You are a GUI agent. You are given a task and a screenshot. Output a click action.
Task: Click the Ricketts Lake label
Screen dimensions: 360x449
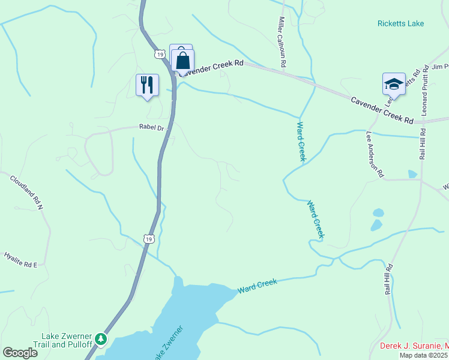coord(400,23)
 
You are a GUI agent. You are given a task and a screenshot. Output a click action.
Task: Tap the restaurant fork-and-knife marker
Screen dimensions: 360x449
coord(147,85)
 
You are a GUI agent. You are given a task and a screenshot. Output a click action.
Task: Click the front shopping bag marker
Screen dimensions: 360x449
coord(183,61)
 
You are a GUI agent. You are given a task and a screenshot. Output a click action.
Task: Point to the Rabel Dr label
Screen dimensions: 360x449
coord(151,127)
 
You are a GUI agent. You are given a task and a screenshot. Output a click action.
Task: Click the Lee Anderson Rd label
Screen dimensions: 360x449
coord(375,155)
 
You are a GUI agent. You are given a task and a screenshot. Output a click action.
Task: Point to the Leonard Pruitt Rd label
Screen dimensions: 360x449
coord(424,91)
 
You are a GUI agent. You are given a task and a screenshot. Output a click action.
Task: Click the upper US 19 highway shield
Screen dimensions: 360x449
coord(159,54)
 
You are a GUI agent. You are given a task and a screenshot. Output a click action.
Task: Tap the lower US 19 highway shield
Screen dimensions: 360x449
coord(149,238)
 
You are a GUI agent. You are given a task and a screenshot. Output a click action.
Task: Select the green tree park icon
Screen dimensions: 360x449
coord(102,340)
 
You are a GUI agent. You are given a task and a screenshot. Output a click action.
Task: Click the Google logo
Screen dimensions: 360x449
coord(20,353)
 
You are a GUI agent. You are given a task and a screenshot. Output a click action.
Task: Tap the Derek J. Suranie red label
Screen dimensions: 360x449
coord(414,346)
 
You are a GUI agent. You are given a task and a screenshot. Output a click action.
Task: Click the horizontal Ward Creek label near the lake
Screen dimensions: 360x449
coord(258,286)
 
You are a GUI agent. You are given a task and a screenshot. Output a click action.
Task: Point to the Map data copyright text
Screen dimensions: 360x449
coord(423,355)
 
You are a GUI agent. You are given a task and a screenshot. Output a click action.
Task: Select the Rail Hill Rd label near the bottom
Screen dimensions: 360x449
coord(389,279)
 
